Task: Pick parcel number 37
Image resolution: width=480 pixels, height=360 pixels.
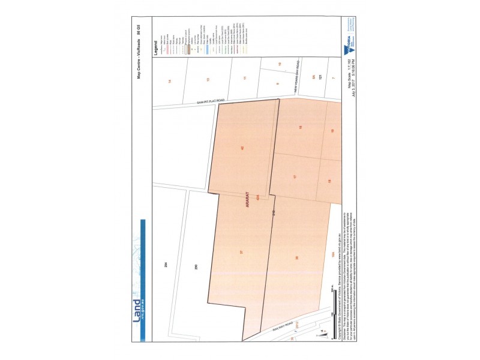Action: pos(241,253)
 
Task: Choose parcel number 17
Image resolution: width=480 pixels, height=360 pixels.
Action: pos(295,177)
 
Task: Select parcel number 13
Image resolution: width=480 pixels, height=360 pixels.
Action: pos(208,80)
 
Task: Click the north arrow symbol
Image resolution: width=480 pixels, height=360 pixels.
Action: pos(323,332)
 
